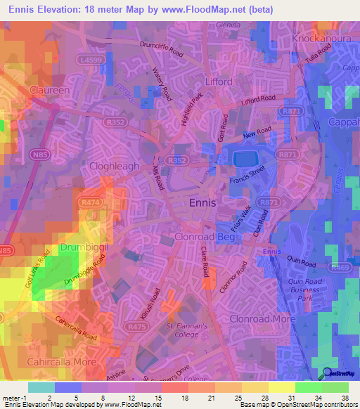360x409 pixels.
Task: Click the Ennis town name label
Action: tap(208, 202)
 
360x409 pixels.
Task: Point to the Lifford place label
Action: tap(218, 82)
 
